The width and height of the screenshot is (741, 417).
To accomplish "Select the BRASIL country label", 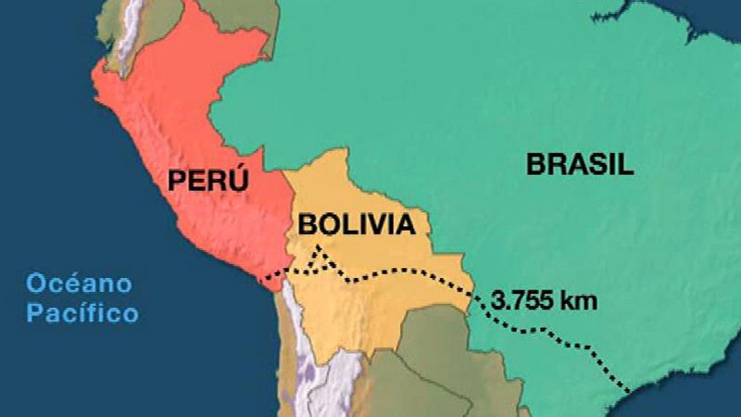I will coord(581,165).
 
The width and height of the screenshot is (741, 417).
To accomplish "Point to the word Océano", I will coord(80,283).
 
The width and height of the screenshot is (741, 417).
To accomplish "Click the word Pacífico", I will coord(82,312).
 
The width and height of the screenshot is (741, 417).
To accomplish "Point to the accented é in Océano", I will coord(68,282).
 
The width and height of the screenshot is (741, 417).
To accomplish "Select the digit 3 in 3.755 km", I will coord(500,301).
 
